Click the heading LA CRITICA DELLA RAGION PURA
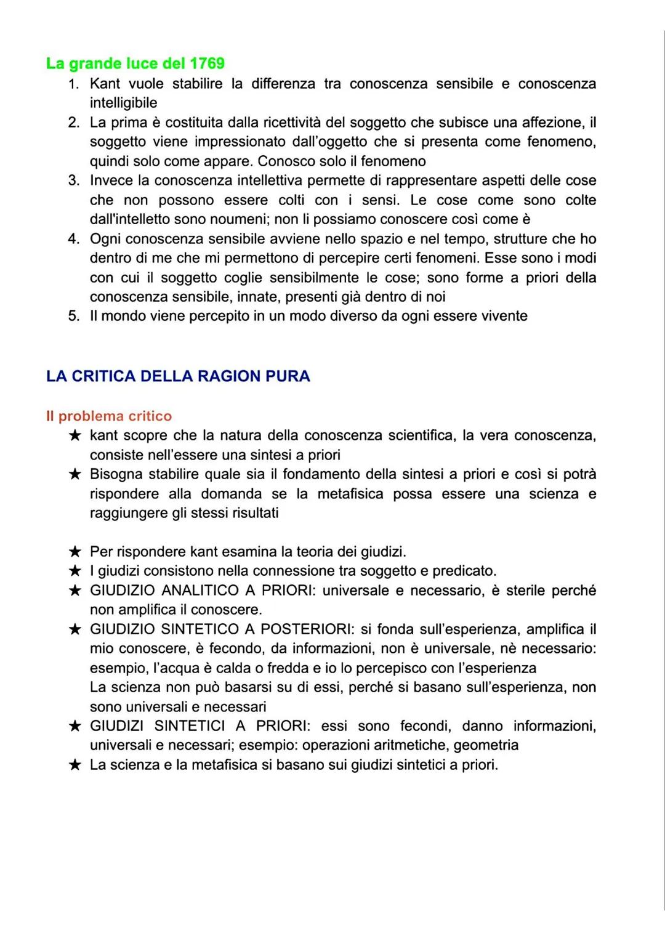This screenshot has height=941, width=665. click(178, 376)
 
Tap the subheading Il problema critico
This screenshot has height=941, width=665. click(109, 416)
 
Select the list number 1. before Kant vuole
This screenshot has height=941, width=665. click(74, 84)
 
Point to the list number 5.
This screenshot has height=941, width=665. click(74, 316)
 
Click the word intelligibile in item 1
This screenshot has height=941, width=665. click(123, 103)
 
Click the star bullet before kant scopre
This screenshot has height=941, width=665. click(75, 436)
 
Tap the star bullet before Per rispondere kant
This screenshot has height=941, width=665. click(75, 552)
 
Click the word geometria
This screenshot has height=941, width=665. click(486, 745)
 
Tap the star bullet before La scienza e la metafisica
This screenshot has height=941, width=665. click(75, 765)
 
